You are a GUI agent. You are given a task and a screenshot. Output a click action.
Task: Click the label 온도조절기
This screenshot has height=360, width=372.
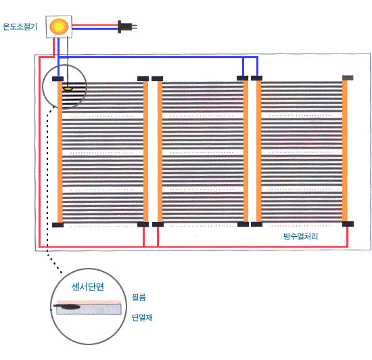(x=20, y=26)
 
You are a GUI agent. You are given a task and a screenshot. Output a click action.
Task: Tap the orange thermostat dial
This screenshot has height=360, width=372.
(x=59, y=26)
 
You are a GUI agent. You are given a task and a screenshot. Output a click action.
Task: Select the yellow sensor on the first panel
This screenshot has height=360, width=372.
(x=68, y=89)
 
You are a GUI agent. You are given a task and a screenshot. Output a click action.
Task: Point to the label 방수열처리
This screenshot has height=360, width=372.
(x=300, y=236)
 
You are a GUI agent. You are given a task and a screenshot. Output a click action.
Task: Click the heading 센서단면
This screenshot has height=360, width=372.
(x=88, y=287)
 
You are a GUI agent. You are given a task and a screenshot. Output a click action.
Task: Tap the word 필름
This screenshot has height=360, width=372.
(x=139, y=297)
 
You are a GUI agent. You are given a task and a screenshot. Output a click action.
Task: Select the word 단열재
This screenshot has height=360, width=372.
(x=142, y=317)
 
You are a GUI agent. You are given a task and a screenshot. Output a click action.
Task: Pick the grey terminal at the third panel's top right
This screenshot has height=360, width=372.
(x=348, y=78)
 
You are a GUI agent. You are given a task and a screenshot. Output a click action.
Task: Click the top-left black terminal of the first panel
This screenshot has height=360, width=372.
(x=57, y=78)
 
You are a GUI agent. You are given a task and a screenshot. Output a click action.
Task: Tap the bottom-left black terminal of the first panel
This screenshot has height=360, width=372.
(x=57, y=225)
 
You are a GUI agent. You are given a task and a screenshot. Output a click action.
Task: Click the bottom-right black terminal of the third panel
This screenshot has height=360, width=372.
(x=348, y=224)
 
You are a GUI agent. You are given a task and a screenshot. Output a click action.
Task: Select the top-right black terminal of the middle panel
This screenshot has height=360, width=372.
(x=242, y=78)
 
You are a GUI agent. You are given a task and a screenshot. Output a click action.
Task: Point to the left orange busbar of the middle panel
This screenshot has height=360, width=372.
(x=160, y=152)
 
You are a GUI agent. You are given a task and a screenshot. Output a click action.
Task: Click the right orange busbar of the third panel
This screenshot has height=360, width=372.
(x=345, y=151)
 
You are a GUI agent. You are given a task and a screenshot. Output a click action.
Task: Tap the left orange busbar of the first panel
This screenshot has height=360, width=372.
(x=60, y=152)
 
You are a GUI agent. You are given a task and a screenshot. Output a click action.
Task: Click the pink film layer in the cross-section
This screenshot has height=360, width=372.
(x=89, y=302)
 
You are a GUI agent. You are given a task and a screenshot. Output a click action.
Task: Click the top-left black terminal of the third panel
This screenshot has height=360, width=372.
(x=257, y=78)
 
